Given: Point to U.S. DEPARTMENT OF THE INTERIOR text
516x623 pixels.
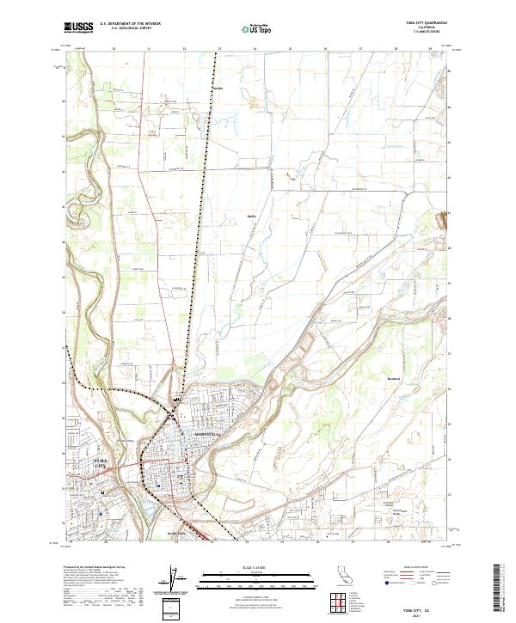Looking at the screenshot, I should [x=130, y=24].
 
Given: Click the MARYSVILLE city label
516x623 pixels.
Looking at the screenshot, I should [x=207, y=435].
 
